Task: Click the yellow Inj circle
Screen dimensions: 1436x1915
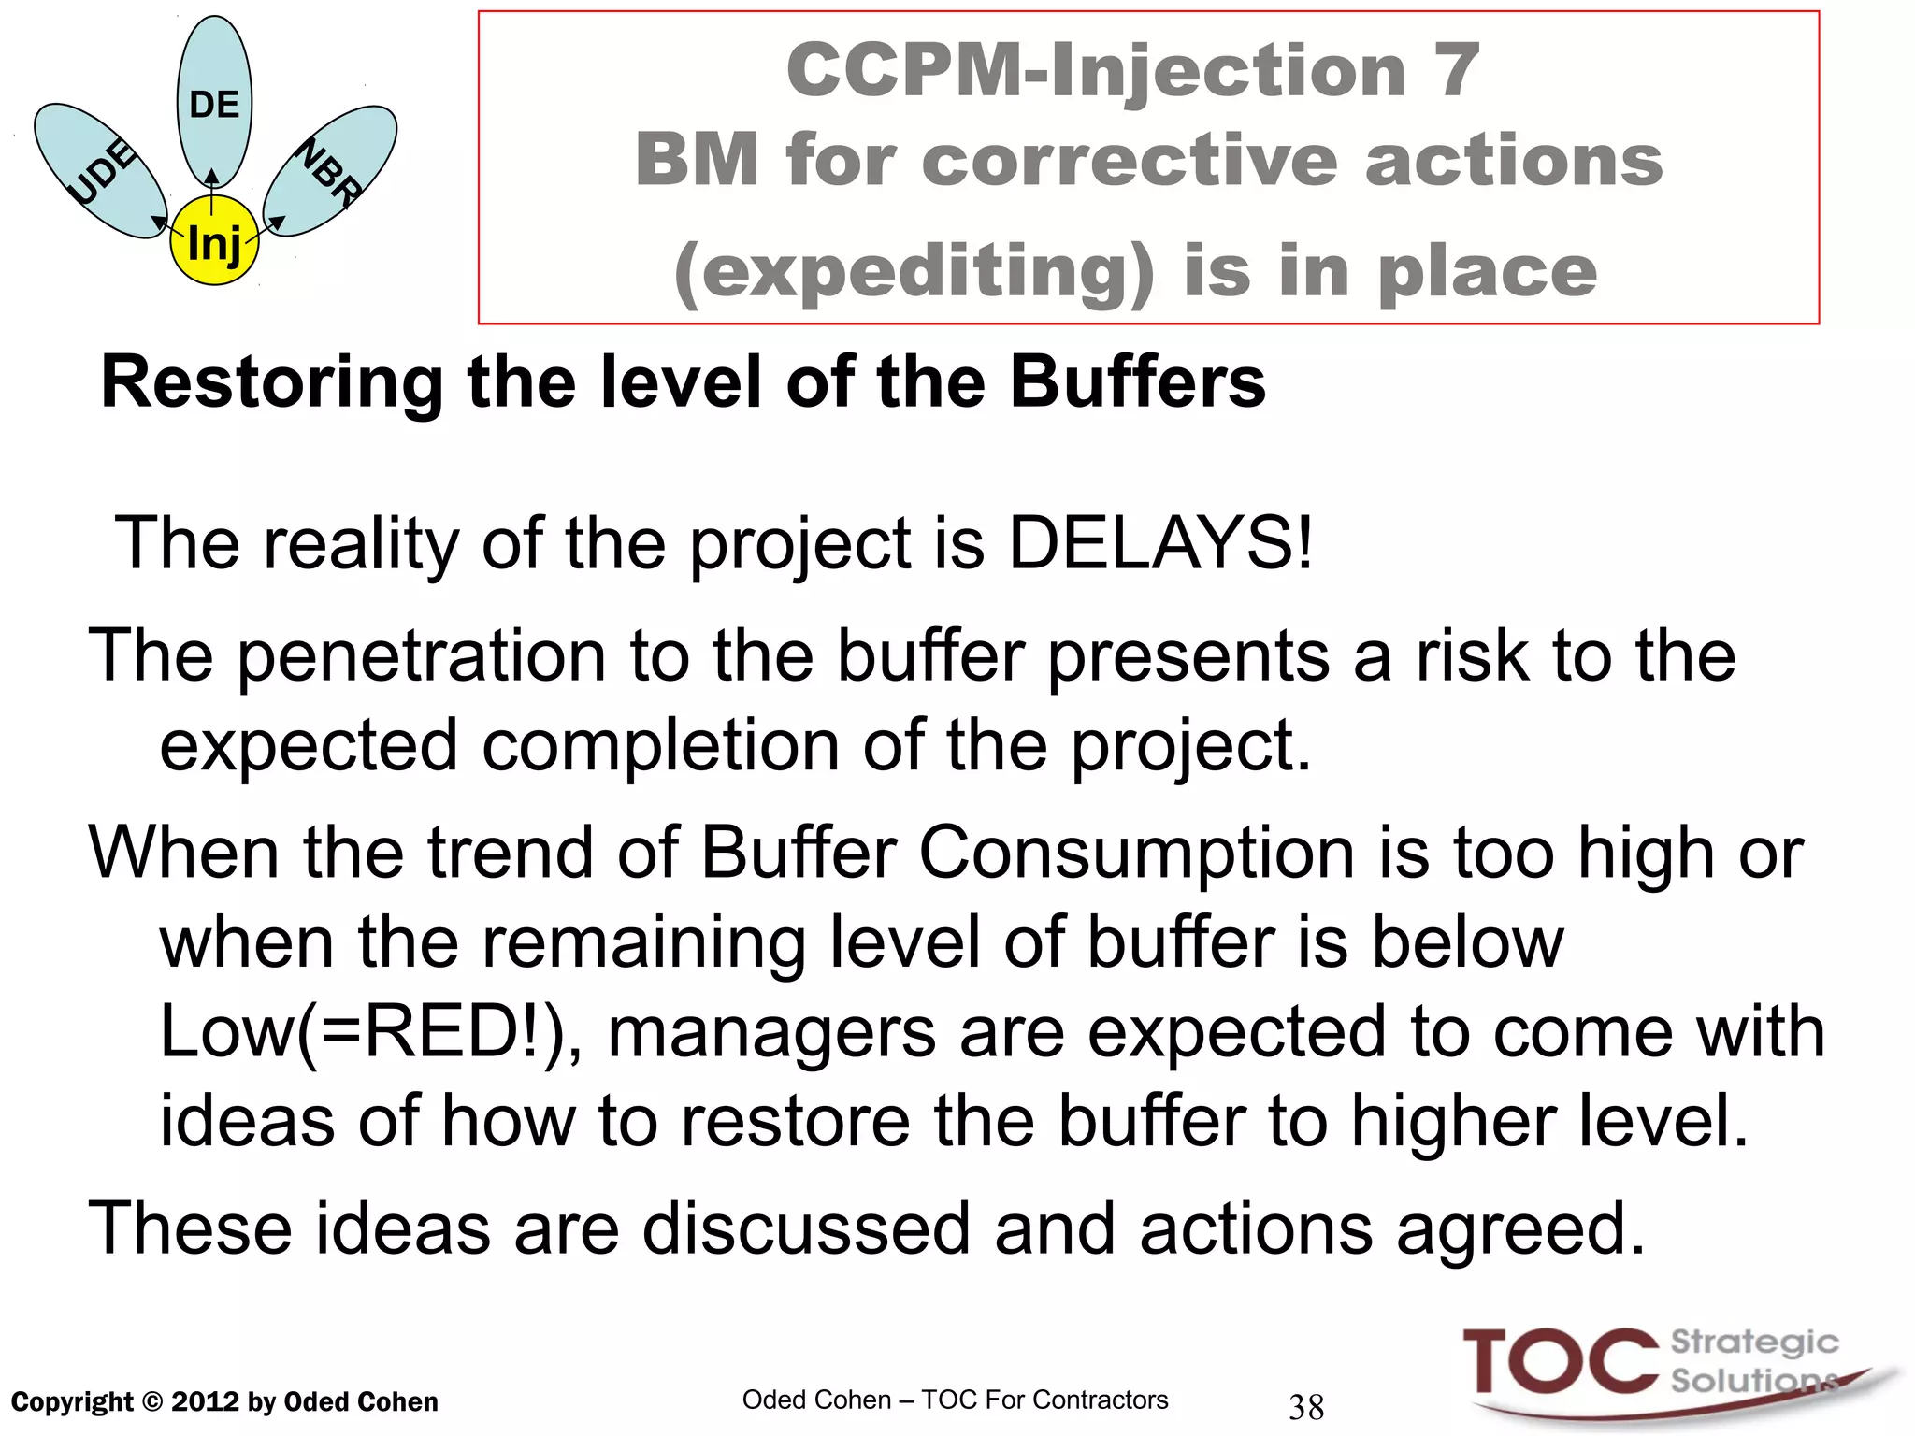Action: [x=214, y=241]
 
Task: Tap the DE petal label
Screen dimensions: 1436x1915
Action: [x=214, y=104]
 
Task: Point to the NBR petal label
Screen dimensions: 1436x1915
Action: [x=329, y=172]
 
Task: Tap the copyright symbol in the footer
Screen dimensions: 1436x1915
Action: [x=152, y=1402]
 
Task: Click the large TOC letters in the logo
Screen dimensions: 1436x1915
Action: [x=1560, y=1363]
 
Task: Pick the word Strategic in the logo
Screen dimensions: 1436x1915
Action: [x=1754, y=1343]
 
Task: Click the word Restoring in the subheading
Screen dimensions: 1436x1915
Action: [x=271, y=382]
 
